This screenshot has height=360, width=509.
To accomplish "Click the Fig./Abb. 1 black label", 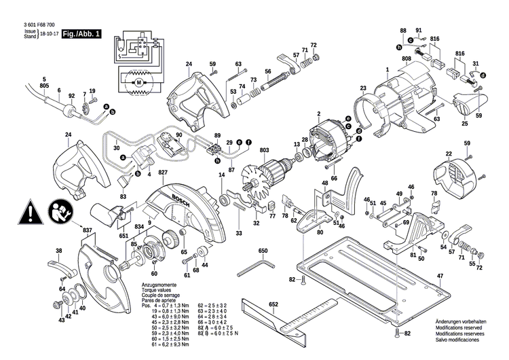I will tap(81, 34).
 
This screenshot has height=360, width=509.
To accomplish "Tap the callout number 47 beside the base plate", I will tap(440, 275).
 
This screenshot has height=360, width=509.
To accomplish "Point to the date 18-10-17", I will tap(48, 33).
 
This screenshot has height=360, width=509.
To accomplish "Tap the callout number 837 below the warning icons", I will tap(86, 230).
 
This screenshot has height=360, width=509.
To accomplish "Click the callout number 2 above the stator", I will tap(318, 113).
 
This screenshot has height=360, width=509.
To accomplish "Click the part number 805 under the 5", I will tap(44, 86).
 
